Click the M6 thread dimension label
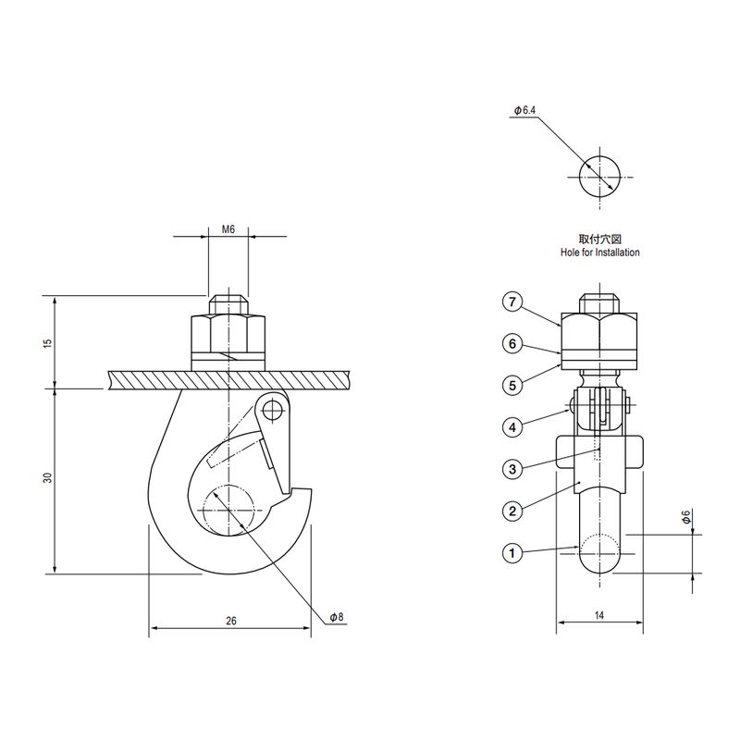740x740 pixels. (228, 228)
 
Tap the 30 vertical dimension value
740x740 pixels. (48, 478)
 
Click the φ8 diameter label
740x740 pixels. (336, 616)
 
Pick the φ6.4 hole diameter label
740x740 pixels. (524, 111)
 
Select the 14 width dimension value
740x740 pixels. (599, 613)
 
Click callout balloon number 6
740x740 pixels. (513, 343)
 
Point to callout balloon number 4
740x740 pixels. (513, 427)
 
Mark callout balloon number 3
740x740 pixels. (513, 469)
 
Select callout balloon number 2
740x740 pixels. (513, 511)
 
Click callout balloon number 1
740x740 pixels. (513, 553)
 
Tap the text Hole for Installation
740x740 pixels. (599, 252)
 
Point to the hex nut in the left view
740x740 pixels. (228, 333)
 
